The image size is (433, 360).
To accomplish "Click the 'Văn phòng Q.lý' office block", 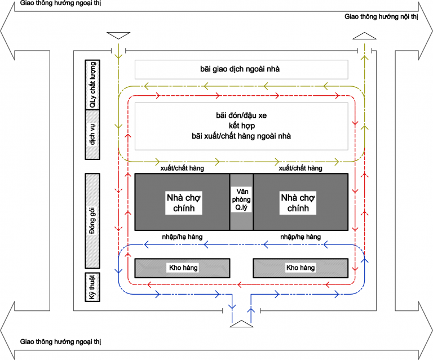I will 241,202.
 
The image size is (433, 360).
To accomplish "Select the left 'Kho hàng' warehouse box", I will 182,268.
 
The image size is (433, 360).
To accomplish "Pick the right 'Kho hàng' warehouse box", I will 300,268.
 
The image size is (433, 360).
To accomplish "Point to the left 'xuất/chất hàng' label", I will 182,168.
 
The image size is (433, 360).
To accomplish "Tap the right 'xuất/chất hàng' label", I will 300,168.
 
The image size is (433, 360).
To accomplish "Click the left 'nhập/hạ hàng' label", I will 182,237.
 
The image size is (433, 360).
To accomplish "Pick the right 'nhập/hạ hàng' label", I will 300,237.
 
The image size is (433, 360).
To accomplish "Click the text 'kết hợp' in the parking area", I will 241,126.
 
